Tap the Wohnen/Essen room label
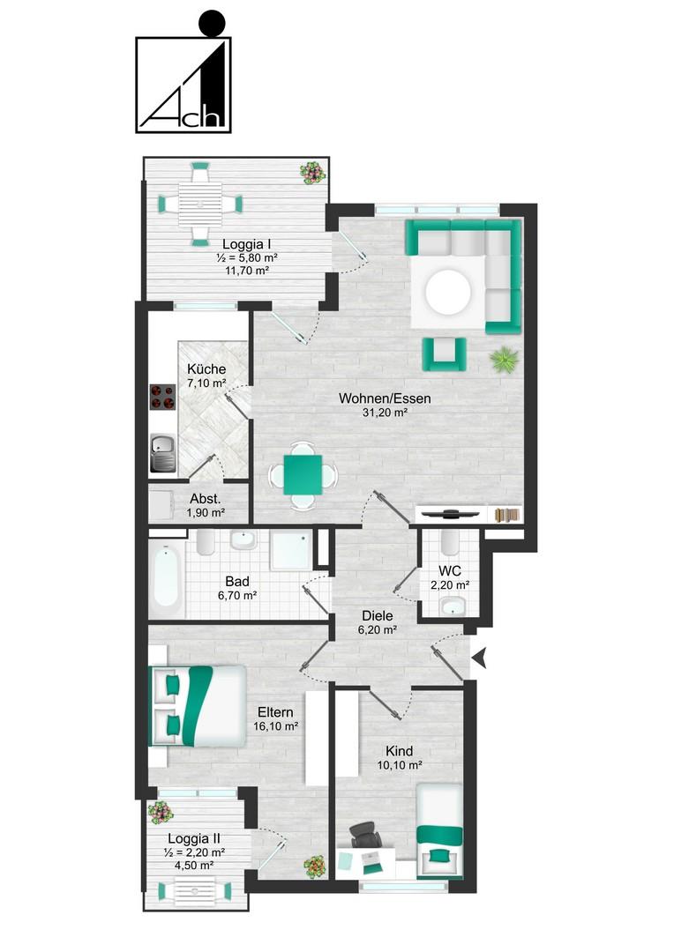[x=385, y=399]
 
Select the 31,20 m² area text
[x=385, y=413]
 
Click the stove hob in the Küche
[x=162, y=397]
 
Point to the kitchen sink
[x=162, y=453]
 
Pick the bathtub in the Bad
[x=166, y=576]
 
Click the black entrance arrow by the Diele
[x=480, y=658]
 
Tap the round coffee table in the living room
[x=448, y=292]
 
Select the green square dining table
[x=303, y=474]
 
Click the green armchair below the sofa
[x=445, y=354]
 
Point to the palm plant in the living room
[x=505, y=359]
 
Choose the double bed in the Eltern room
[x=198, y=706]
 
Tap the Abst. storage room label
[x=206, y=498]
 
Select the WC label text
[x=450, y=571]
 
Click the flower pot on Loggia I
[x=313, y=173]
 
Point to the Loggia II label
[x=194, y=839]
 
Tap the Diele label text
[x=378, y=615]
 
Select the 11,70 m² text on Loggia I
[x=247, y=271]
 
